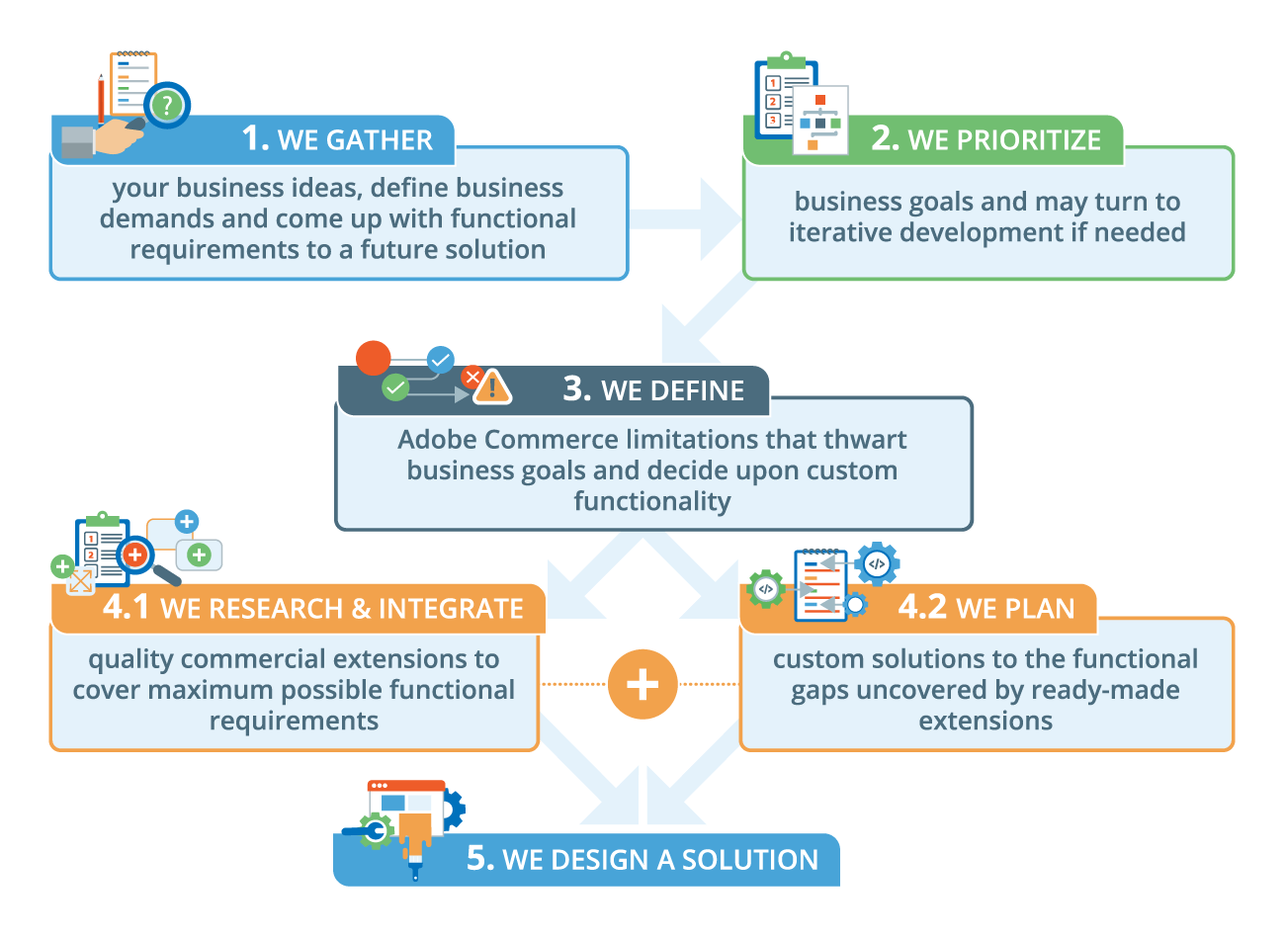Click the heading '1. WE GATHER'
(x=337, y=139)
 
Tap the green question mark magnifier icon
(x=167, y=105)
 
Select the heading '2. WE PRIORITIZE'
(x=985, y=139)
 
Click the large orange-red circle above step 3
(x=373, y=358)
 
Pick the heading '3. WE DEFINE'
(x=653, y=389)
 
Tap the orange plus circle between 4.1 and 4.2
(x=642, y=684)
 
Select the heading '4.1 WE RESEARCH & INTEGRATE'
(x=313, y=608)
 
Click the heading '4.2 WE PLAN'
(x=985, y=607)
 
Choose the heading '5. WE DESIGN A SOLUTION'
(x=642, y=859)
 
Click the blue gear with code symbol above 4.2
(x=877, y=564)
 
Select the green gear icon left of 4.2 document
(x=766, y=589)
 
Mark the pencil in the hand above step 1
(x=101, y=99)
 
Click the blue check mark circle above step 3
(x=440, y=359)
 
